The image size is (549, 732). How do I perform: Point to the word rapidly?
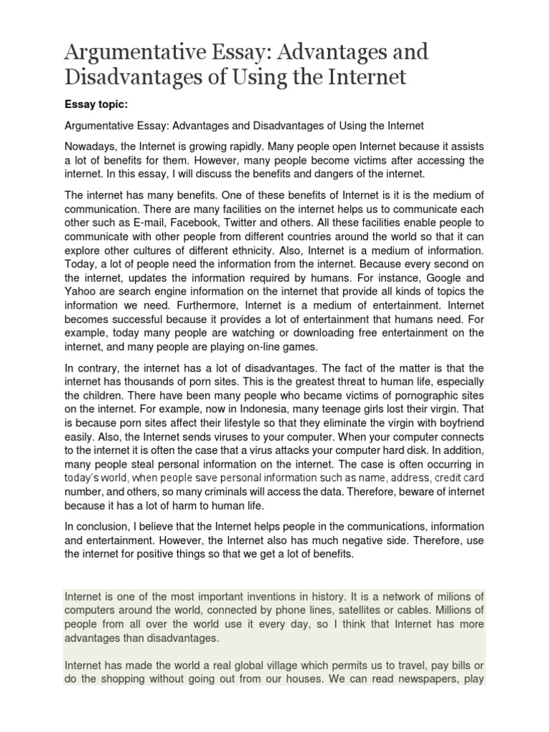(x=268, y=146)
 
